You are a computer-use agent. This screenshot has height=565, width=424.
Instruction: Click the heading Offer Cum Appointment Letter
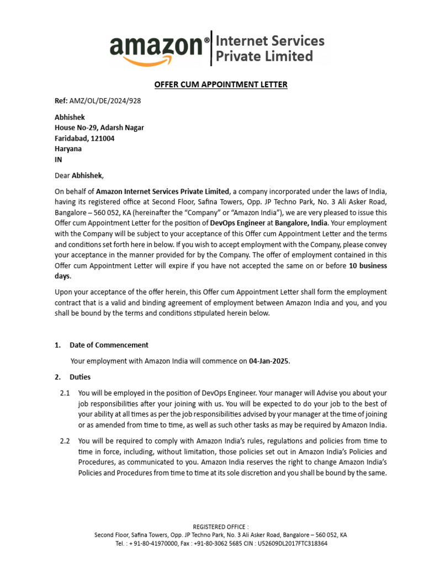220,84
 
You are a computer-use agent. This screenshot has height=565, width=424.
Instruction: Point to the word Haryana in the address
68,149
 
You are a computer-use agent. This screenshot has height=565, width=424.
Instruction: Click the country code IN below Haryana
59,159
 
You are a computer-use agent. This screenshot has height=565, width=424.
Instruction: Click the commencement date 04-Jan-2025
269,361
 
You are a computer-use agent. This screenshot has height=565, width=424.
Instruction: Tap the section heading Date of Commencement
109,345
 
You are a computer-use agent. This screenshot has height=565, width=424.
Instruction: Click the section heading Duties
80,377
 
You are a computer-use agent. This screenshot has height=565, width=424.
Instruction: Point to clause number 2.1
65,393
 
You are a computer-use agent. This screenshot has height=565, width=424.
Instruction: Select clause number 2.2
65,441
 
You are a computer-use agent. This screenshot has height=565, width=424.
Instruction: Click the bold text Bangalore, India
298,223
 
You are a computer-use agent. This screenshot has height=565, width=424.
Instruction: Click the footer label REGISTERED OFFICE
220,527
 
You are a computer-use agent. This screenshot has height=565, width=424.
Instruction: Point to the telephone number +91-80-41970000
156,543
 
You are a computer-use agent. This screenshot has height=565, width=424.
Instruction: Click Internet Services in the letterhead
269,41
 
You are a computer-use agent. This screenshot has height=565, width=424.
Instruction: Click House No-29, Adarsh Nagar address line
99,128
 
